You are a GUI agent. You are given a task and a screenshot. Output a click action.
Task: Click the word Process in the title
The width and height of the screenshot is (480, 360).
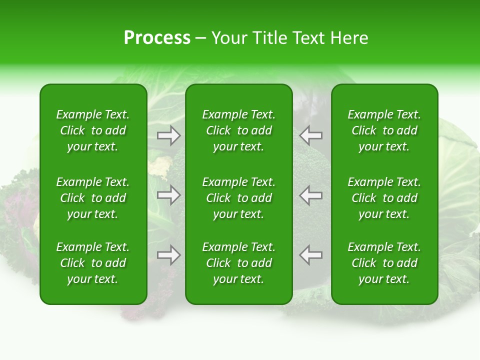(157, 38)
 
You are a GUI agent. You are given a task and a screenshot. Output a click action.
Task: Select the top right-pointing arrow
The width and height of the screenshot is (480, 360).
(168, 135)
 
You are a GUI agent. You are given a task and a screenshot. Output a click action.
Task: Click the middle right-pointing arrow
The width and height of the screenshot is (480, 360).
(168, 195)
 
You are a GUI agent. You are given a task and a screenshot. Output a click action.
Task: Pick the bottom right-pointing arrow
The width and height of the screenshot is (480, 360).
(168, 255)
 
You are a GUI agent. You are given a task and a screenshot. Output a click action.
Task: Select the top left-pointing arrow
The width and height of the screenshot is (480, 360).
(310, 135)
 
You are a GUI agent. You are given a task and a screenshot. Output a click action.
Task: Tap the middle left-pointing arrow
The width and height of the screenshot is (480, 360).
(310, 195)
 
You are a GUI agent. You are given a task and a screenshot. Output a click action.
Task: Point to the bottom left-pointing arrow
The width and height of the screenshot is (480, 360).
(310, 255)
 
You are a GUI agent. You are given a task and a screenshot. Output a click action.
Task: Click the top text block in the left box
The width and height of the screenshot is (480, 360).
(93, 130)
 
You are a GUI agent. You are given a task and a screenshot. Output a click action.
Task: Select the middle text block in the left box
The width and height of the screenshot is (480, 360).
(93, 198)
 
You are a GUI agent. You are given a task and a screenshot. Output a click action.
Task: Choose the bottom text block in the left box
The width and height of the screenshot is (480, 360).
(93, 263)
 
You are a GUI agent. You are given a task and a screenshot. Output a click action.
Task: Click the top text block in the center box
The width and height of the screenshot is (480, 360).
(239, 130)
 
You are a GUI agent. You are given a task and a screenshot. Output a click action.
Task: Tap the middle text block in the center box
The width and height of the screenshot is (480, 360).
(239, 198)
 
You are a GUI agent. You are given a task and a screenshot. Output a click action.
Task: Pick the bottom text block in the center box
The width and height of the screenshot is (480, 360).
(239, 263)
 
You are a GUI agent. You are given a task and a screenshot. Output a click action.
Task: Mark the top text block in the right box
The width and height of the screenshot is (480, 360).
(384, 130)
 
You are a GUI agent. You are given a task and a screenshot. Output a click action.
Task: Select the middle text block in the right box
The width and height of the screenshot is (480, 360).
(384, 198)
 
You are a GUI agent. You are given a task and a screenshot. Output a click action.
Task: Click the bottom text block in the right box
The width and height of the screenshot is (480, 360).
(384, 263)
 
